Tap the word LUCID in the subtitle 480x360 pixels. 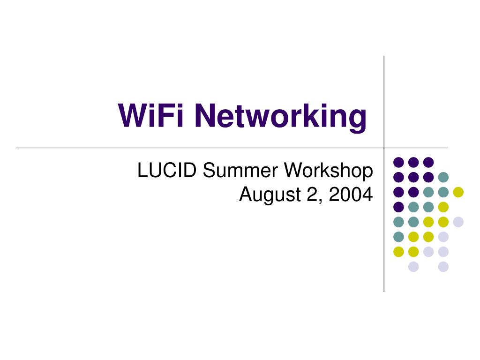tap(167, 170)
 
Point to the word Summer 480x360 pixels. tap(240, 170)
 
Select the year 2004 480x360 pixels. tap(351, 194)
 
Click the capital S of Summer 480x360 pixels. tap(209, 170)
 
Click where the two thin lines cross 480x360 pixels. tap(384, 148)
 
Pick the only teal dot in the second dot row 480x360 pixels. tap(443, 177)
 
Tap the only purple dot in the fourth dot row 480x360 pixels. tap(398, 207)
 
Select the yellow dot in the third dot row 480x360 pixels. tap(458, 192)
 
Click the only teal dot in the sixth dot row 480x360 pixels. tap(398, 237)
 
